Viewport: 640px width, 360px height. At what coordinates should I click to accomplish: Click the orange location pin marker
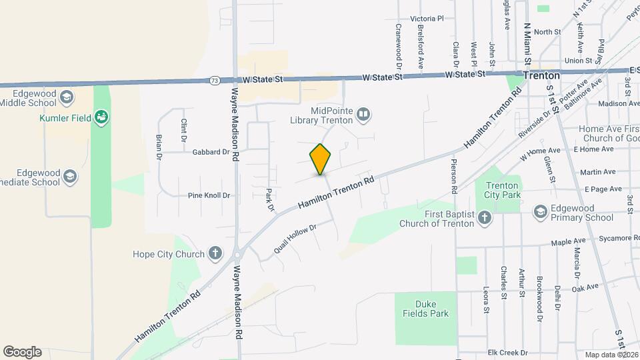coord(321,159)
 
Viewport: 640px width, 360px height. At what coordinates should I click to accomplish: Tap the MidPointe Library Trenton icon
coord(363,114)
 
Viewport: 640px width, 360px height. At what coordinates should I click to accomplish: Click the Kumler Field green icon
coord(101,118)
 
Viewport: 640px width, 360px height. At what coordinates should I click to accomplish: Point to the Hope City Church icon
coord(215,253)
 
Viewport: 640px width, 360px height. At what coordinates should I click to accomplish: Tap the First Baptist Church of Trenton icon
coord(485,217)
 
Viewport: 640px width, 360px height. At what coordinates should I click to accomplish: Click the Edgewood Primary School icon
coord(540,212)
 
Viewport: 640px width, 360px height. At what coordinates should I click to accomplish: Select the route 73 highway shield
coord(213,80)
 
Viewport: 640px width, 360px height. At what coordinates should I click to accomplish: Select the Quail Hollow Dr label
coord(294,238)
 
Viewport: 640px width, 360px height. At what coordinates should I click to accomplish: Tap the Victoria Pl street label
coord(427,19)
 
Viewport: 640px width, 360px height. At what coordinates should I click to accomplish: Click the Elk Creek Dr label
coord(507,352)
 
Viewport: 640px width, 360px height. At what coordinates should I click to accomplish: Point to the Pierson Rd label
coord(454,176)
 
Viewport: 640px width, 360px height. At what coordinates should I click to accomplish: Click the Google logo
coord(22,352)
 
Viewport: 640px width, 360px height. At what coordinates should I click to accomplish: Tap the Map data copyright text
coord(611,355)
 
